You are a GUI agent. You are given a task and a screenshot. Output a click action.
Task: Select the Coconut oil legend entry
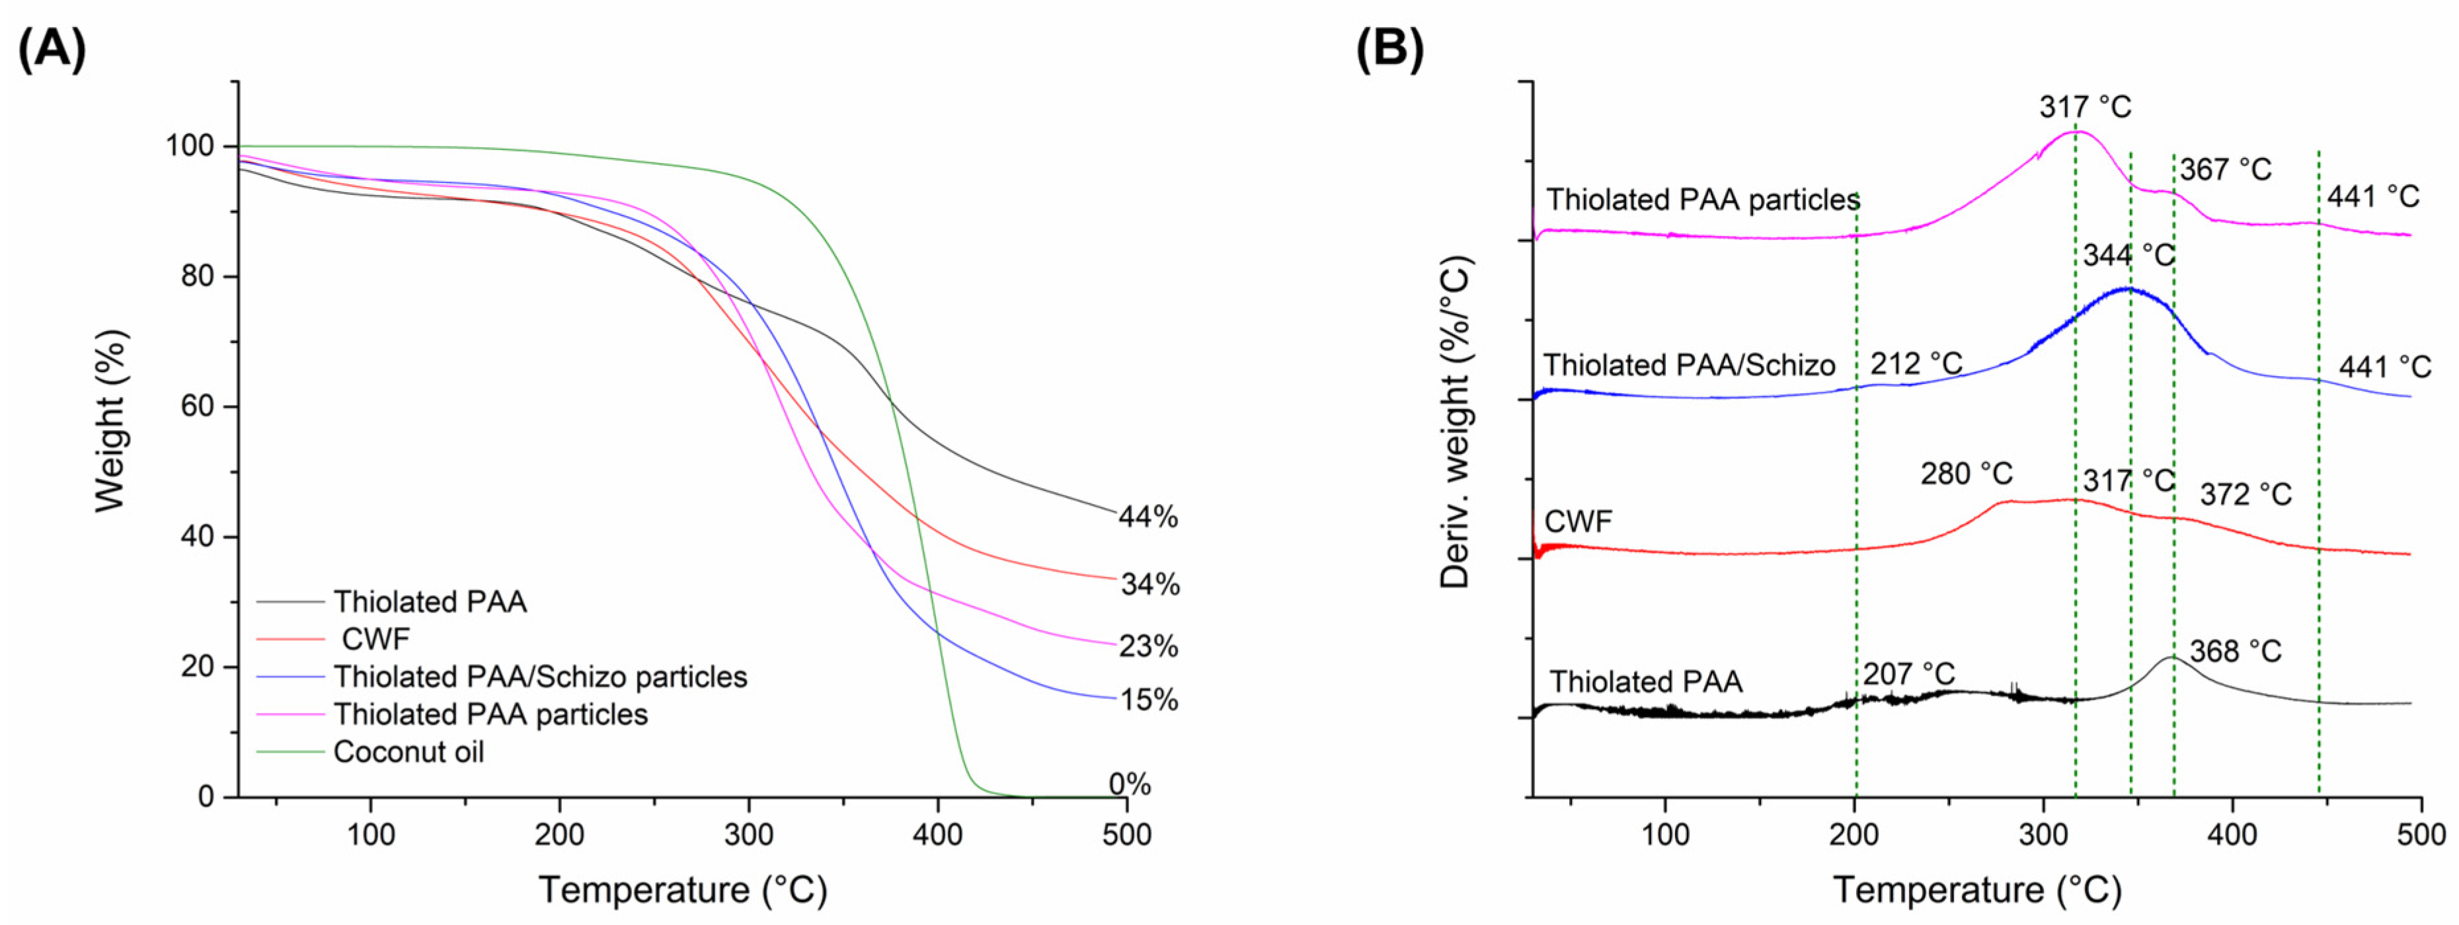408,752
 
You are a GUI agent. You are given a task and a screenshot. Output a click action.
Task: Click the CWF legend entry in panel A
375,639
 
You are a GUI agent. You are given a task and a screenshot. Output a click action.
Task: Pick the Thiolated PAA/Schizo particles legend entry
539,677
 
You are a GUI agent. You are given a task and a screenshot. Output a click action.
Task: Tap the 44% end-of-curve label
1148,517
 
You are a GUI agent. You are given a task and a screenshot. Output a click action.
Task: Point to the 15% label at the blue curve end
1148,700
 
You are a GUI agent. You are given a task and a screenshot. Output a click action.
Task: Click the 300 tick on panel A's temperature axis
748,834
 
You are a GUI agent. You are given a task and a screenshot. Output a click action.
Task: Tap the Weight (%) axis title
111,420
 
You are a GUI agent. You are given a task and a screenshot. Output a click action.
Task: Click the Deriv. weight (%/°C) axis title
1456,421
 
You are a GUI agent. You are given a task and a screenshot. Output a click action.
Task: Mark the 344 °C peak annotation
2128,255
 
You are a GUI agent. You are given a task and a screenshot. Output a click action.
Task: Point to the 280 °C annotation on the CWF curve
1967,474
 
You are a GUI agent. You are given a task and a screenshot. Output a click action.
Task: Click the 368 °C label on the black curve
2235,651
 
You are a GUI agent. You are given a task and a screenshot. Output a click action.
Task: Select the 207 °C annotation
1908,674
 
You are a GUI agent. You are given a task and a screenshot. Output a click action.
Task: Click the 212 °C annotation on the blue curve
1916,363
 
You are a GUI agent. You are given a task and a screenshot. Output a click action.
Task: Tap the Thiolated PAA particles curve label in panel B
1703,200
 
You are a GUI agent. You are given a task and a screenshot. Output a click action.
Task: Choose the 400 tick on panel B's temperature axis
2233,834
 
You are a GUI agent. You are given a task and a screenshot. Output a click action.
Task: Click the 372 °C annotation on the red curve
2245,494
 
